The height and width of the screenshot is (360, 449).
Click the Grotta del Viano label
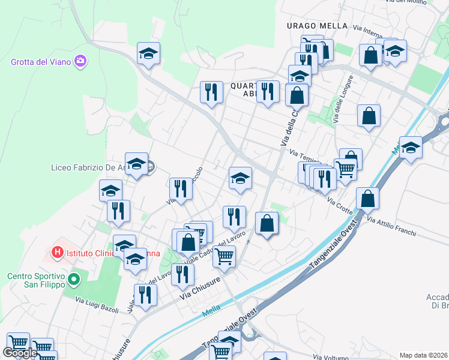pyautogui.click(x=41, y=62)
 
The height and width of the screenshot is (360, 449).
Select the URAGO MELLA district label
pyautogui.click(x=317, y=26)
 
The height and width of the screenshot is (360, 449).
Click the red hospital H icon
pyautogui.click(x=58, y=253)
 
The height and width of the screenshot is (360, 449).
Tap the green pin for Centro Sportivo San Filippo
pyautogui.click(x=74, y=280)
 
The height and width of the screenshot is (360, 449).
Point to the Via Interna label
pyautogui.click(x=367, y=28)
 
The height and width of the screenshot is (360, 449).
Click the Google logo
pyautogui.click(x=20, y=353)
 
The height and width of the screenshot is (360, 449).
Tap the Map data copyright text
pyautogui.click(x=424, y=355)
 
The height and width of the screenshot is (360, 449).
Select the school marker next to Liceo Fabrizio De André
pyautogui.click(x=136, y=164)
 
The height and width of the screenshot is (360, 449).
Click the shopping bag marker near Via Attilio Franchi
pyautogui.click(x=367, y=200)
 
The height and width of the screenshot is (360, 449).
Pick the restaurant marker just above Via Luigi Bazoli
pyautogui.click(x=145, y=295)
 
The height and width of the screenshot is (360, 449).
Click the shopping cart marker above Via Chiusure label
pyautogui.click(x=224, y=257)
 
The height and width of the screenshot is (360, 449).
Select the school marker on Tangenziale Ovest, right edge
pyautogui.click(x=411, y=149)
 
